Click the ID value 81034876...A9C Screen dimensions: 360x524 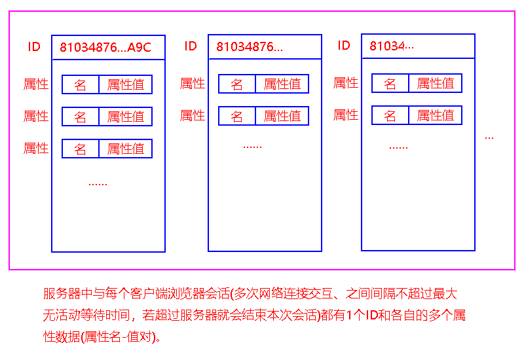tap(105, 47)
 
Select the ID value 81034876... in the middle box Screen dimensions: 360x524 tap(250, 47)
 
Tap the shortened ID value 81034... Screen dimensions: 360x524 tap(392, 46)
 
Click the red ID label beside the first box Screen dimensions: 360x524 tap(34, 47)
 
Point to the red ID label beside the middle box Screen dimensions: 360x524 tap(191, 46)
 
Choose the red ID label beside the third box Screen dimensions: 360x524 tap(344, 45)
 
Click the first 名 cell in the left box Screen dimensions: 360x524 tap(81, 84)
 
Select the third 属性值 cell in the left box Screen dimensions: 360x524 tap(125, 149)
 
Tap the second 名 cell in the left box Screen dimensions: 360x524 tap(81, 117)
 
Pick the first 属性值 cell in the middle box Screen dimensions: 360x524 tap(282, 84)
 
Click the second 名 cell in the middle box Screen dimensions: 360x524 tap(237, 116)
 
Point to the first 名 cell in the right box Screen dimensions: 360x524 tap(390, 83)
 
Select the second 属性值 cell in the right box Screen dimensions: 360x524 tap(435, 115)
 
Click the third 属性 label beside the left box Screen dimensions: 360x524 tap(36, 149)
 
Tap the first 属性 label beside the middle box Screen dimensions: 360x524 tap(193, 83)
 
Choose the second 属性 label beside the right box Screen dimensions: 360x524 tap(346, 115)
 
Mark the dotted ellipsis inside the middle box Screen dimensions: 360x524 tap(252, 147)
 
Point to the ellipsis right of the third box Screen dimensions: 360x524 tap(489, 138)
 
